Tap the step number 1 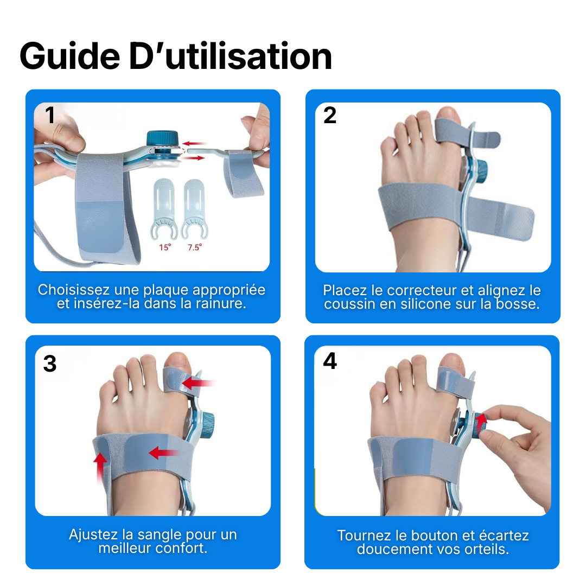50,116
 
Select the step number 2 330,116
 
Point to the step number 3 50,364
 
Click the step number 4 330,361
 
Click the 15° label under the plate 164,247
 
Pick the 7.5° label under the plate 194,247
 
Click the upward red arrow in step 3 100,467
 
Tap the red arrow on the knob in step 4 481,421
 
